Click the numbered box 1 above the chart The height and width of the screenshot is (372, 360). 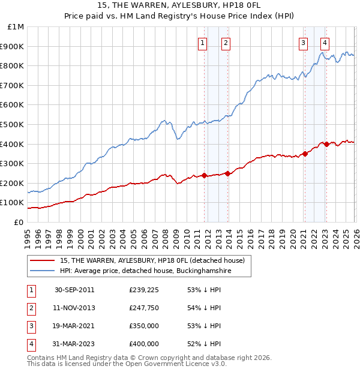point(203,43)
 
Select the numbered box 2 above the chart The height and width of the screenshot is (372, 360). point(226,43)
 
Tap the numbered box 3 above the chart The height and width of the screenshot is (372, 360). point(303,43)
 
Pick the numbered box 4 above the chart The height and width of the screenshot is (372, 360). point(325,43)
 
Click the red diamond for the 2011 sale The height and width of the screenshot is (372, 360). point(204,176)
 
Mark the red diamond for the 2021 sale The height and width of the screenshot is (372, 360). point(305,154)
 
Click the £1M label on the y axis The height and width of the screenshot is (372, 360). point(16,27)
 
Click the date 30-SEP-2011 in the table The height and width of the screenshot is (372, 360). point(74,290)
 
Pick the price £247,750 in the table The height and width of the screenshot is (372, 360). point(144,308)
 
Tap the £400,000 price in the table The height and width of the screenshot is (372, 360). point(144,344)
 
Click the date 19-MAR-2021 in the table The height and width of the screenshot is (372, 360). point(74,326)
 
